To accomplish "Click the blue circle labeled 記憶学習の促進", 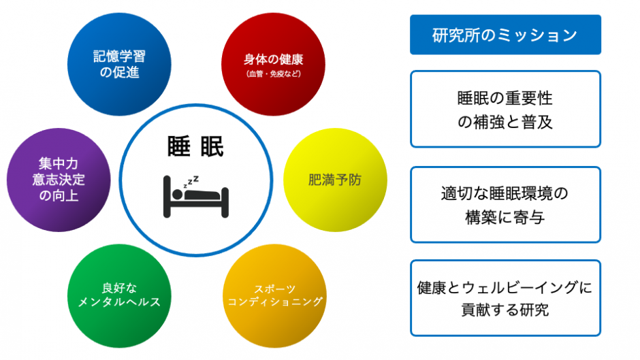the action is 119,64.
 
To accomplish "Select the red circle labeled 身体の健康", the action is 273,64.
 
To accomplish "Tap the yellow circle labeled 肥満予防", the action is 335,180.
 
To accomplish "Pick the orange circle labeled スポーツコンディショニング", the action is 274,296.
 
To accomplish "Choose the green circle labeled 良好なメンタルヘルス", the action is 119,296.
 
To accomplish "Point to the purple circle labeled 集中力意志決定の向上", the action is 59,180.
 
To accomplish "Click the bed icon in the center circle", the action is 196,197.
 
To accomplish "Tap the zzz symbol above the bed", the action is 191,182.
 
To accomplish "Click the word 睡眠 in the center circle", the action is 195,146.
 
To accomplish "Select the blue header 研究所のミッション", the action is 505,35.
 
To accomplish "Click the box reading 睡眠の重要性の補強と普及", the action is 505,109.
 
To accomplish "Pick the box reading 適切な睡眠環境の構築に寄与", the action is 505,204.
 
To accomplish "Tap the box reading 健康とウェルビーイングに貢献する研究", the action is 505,298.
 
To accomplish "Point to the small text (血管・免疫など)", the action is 274,74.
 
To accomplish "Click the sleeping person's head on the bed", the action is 177,194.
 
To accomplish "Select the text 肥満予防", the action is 335,180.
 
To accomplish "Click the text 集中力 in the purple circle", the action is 59,164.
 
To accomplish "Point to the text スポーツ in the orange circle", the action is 274,289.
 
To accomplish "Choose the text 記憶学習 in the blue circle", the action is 119,56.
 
